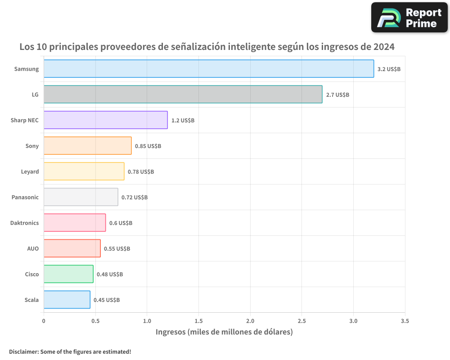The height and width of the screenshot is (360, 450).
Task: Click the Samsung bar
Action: (x=208, y=69)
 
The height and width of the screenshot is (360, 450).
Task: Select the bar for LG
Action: (x=183, y=94)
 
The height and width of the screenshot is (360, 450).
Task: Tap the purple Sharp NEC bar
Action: (x=105, y=120)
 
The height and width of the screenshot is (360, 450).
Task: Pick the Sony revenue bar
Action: (x=87, y=146)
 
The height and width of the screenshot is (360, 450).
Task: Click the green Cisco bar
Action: (x=68, y=274)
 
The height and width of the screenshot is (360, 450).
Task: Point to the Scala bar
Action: (x=67, y=300)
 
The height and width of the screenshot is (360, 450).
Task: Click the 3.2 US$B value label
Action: (x=389, y=69)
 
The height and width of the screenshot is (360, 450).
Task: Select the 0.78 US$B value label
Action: (x=141, y=172)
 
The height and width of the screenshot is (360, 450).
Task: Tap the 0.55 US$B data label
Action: (x=117, y=249)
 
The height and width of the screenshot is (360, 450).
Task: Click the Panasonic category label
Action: (x=25, y=197)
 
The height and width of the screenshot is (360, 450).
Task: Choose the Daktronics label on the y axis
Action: (x=24, y=223)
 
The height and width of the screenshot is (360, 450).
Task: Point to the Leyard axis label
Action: (x=30, y=171)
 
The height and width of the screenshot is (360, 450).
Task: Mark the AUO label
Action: (x=33, y=248)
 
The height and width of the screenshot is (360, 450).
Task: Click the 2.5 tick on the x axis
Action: (x=302, y=321)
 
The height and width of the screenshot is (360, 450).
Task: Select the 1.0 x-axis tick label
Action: (x=147, y=321)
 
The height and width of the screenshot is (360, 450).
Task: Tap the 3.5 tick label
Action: (x=405, y=321)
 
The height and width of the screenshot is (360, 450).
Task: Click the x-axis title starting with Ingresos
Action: (x=224, y=332)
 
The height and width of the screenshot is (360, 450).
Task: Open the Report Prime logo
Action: (x=409, y=18)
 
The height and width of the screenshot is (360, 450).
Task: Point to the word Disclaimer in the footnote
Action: (x=23, y=351)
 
